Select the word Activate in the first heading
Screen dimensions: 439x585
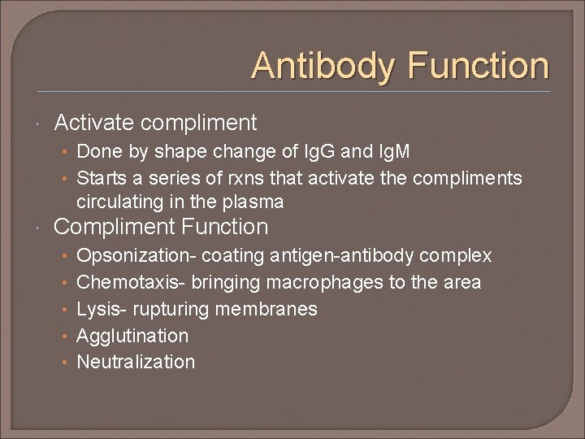(93, 123)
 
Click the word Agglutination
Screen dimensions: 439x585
(132, 336)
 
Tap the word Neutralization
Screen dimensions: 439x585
(136, 363)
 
